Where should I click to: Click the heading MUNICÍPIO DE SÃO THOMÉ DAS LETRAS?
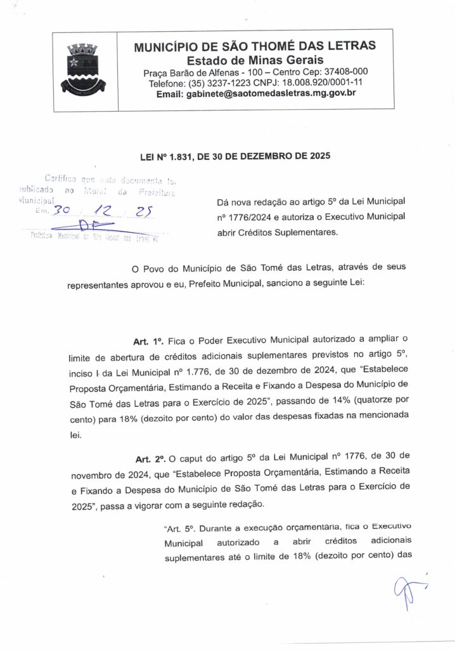click(255, 46)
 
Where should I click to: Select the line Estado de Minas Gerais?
click(254, 60)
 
